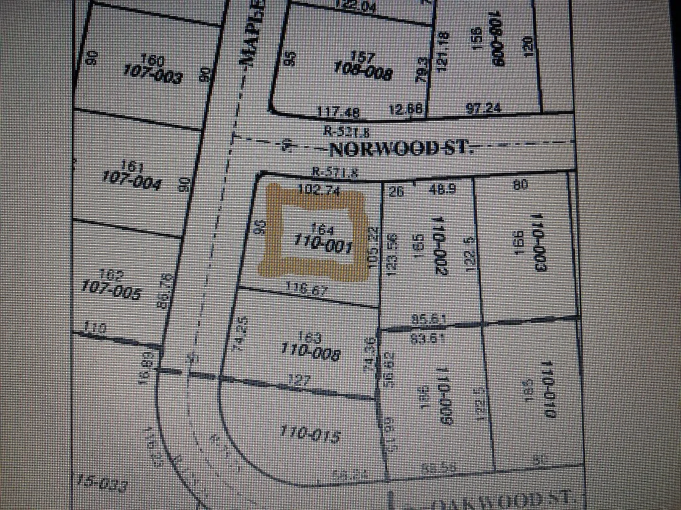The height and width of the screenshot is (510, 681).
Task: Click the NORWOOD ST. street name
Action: (x=401, y=147)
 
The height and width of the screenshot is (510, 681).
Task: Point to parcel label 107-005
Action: (x=110, y=290)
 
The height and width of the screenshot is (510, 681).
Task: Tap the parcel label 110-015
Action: (x=310, y=435)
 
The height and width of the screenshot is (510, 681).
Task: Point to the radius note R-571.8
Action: (x=336, y=173)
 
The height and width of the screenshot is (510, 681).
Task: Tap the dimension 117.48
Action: (x=338, y=111)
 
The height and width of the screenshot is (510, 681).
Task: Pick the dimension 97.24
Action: (x=483, y=108)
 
